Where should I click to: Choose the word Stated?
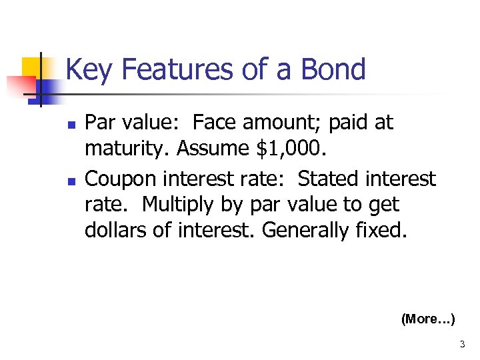pyautogui.click(x=327, y=179)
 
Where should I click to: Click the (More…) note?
pyautogui.click(x=428, y=319)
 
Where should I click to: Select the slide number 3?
pyautogui.click(x=462, y=345)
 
